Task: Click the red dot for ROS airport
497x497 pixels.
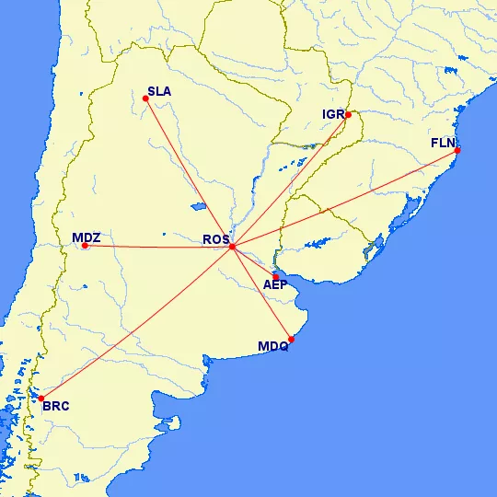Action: [x=233, y=247]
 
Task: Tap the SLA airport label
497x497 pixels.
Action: [x=158, y=92]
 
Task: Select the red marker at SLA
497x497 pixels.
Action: [x=145, y=98]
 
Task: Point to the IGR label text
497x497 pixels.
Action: [x=332, y=115]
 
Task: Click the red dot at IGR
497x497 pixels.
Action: [x=348, y=115]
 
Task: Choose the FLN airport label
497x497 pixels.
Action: [x=443, y=144]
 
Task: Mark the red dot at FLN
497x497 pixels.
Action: [x=457, y=150]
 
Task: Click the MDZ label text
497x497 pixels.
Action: [x=86, y=237]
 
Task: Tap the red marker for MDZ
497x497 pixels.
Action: [x=85, y=246]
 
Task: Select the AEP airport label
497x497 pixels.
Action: [x=275, y=284]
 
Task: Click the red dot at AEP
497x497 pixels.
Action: [x=275, y=276]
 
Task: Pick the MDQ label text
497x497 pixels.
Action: [x=273, y=347]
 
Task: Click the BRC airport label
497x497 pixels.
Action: [x=55, y=406]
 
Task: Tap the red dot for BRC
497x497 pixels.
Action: [x=41, y=399]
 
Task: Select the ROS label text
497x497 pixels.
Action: [x=215, y=241]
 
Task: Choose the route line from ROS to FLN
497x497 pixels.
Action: [x=345, y=198]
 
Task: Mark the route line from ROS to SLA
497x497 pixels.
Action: [x=189, y=172]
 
